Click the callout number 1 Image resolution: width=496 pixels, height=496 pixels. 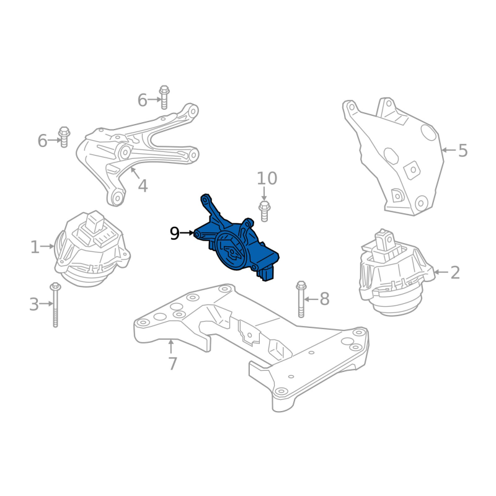tap(35, 247)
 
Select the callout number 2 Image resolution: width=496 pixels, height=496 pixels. tap(455, 272)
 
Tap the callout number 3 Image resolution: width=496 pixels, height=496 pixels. tap(34, 304)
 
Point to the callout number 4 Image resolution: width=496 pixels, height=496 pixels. tap(143, 186)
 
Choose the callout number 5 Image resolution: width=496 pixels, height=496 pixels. tap(463, 150)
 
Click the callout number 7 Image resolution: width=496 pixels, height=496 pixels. tap(172, 363)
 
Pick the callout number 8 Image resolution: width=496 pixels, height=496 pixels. tap(324, 299)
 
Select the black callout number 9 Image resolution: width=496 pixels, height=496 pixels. tap(175, 234)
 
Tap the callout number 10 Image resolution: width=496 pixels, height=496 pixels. tap(267, 179)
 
